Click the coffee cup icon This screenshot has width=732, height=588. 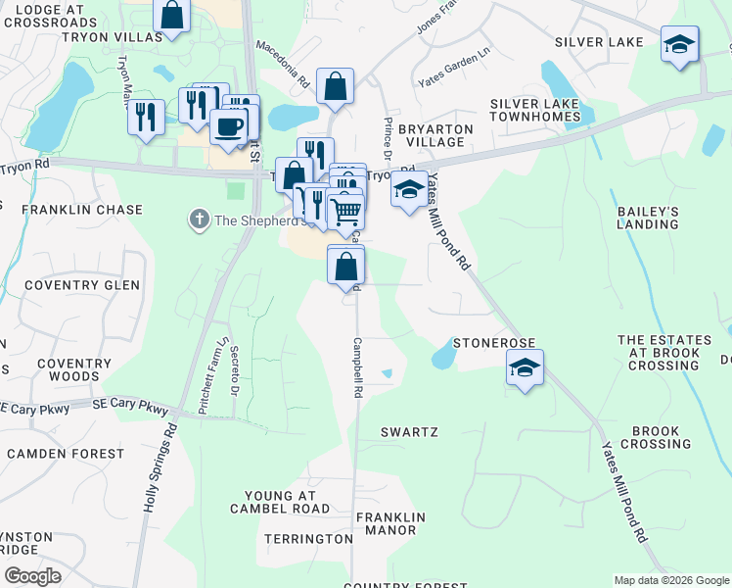click(x=229, y=126)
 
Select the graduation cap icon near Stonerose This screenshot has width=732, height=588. click(x=526, y=368)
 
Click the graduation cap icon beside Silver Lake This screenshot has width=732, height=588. click(x=679, y=44)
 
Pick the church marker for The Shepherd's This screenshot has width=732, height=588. click(x=199, y=220)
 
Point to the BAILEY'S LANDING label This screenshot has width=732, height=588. click(x=647, y=218)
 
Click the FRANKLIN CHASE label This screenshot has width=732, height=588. click(x=82, y=210)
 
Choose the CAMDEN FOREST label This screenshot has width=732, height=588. click(x=63, y=454)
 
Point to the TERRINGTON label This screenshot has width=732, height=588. click(x=308, y=539)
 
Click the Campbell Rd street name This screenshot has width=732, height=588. click(x=358, y=367)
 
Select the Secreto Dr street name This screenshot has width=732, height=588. click(x=236, y=375)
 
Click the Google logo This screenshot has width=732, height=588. click(x=31, y=576)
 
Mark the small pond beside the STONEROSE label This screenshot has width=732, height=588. click(x=443, y=356)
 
